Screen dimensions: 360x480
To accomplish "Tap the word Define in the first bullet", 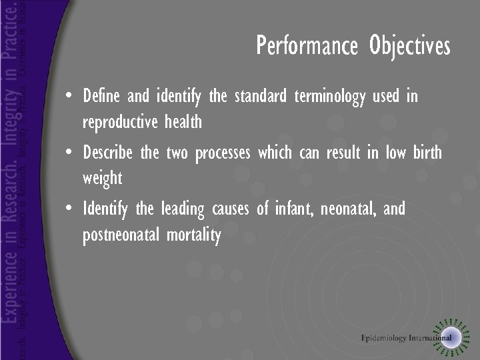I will coord(101,97).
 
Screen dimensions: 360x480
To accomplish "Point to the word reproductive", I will coord(121,123).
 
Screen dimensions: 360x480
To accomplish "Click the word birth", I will coord(427,153).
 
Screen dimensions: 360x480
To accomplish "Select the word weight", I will coord(102,179).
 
